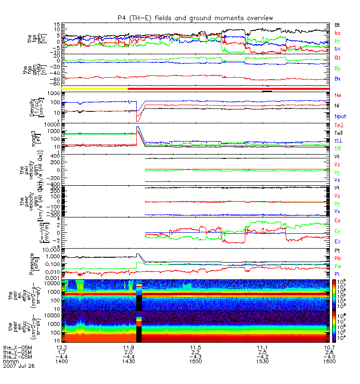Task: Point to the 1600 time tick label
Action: [x=329, y=361]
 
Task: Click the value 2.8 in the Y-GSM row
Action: [x=329, y=352]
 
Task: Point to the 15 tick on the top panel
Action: [x=57, y=24]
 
